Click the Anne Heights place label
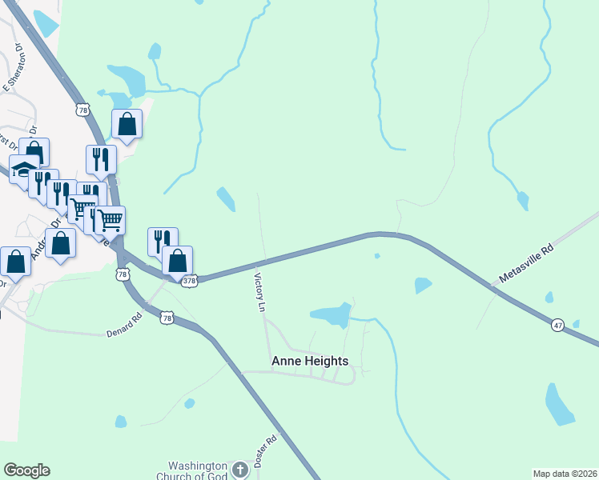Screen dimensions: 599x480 pyautogui.click(x=310, y=361)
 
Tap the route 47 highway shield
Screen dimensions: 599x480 pyautogui.click(x=557, y=325)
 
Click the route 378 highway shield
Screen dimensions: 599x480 pyautogui.click(x=189, y=282)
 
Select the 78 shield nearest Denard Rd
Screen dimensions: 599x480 pyautogui.click(x=167, y=318)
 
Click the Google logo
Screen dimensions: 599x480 pyautogui.click(x=26, y=470)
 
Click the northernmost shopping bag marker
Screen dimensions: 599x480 pyautogui.click(x=127, y=124)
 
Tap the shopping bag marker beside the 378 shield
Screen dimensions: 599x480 pyautogui.click(x=177, y=260)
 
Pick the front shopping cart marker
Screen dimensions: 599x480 pyautogui.click(x=110, y=219)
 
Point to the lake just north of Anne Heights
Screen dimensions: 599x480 pyautogui.click(x=331, y=315)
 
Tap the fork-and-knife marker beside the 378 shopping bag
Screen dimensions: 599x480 pyautogui.click(x=161, y=240)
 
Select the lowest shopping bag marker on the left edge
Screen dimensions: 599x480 pyautogui.click(x=15, y=260)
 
